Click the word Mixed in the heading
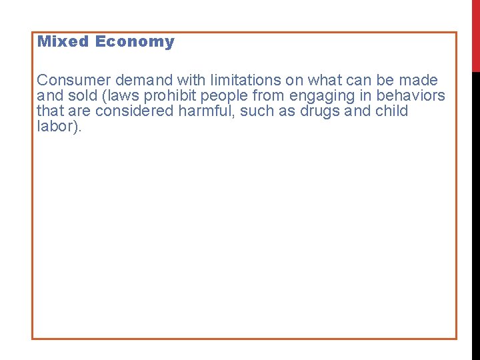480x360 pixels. pos(63,41)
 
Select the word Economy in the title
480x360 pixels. pos(135,42)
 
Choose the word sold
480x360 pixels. pos(81,95)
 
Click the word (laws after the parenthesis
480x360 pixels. pos(119,95)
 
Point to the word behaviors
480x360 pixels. pos(411,95)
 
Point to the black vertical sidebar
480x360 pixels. pos(475,213)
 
